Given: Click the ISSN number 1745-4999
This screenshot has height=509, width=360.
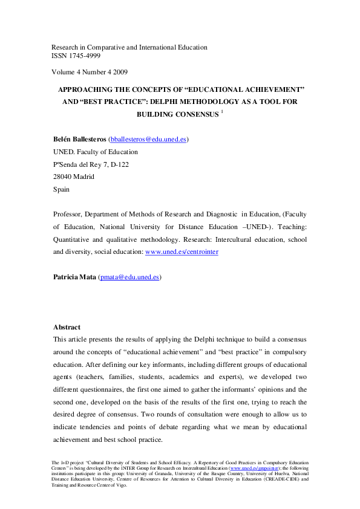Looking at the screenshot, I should (x=85, y=56).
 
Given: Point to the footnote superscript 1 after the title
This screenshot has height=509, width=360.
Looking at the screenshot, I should (x=222, y=112).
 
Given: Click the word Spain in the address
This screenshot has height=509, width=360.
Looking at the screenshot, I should (x=61, y=189).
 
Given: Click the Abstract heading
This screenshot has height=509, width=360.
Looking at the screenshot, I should (x=67, y=327).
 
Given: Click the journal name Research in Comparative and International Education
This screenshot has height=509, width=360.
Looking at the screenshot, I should (x=129, y=47).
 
